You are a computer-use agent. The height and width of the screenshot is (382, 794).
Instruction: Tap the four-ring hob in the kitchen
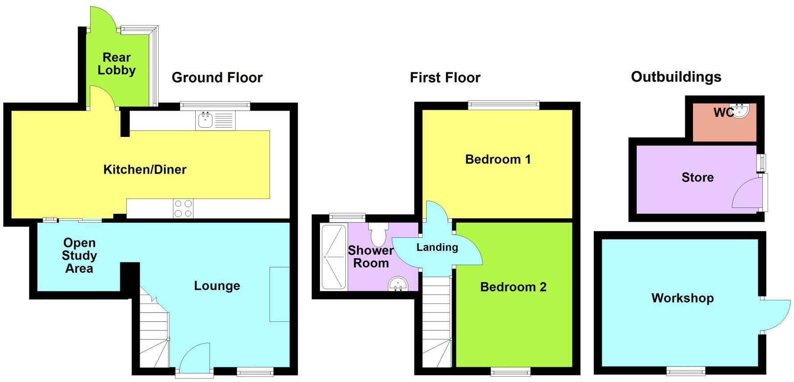pos(183,208)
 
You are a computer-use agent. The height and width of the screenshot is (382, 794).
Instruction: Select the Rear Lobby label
pos(117,64)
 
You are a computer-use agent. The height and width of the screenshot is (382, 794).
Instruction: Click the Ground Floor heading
pos(217,78)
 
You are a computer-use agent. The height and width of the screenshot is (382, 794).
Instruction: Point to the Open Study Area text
pos(79,256)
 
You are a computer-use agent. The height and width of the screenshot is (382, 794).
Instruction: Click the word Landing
pos(437,247)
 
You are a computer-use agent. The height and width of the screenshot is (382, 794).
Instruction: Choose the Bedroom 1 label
pos(498,159)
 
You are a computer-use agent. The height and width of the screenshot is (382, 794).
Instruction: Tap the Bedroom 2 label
pos(513,287)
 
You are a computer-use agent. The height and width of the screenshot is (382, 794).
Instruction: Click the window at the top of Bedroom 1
pos(504,105)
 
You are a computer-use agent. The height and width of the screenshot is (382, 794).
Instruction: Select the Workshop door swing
pos(776,315)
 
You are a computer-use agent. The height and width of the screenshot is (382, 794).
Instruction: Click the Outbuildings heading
pos(676,77)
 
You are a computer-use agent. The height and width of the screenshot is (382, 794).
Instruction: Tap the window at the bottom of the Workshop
pos(686,370)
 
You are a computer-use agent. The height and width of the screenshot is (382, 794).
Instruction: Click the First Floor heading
pos(445,78)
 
